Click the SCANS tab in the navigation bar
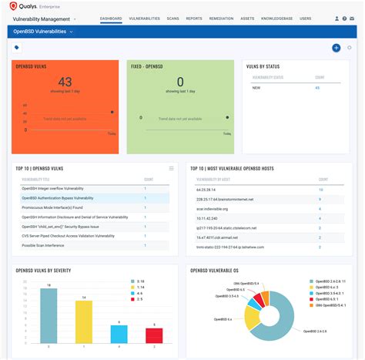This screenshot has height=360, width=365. tap(173, 18)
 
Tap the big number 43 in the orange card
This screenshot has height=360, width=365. tap(65, 81)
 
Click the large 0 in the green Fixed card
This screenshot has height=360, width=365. tap(180, 81)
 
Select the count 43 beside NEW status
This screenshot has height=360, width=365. tap(317, 88)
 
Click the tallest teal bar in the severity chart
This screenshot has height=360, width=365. tap(49, 316)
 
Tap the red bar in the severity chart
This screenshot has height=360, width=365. tap(154, 335)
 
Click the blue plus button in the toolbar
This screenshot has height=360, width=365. tap(336, 48)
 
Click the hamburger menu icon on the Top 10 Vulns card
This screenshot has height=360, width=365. tap(172, 168)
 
